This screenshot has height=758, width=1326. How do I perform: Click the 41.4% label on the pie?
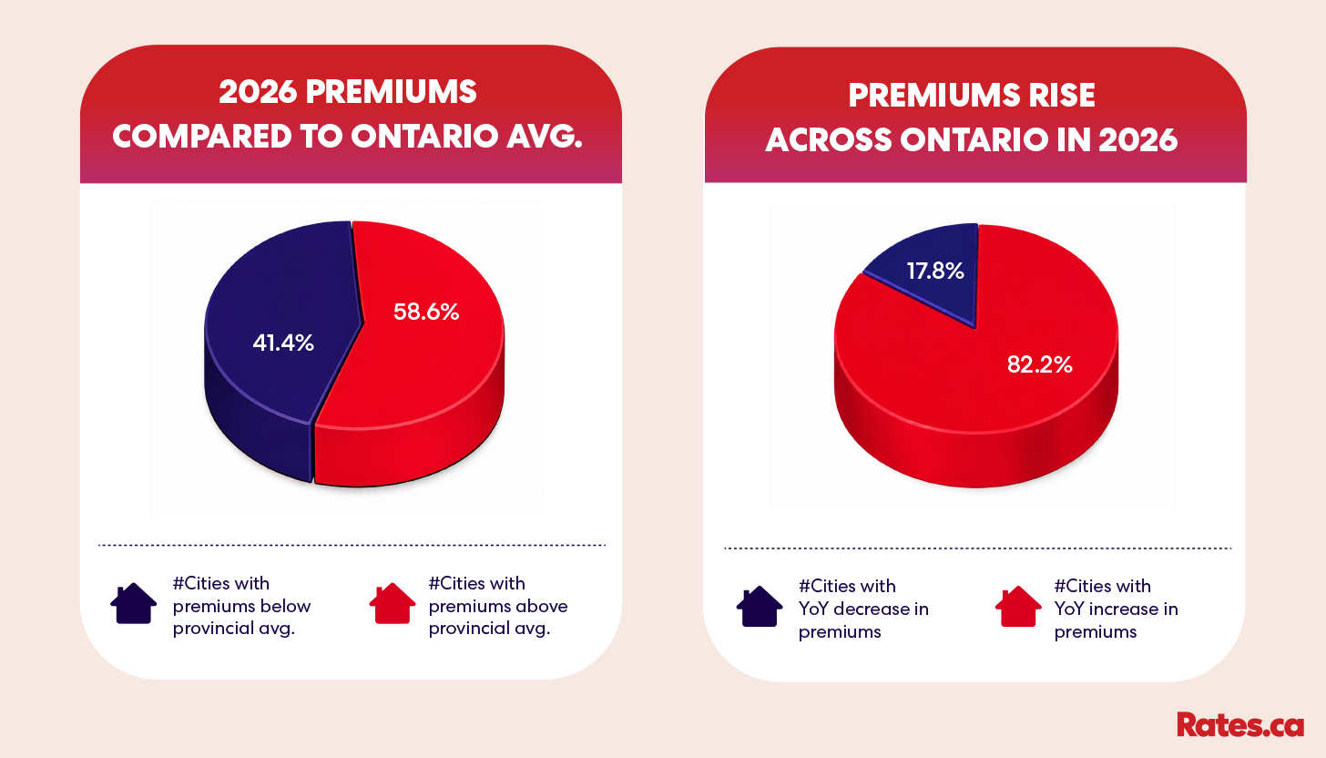pyautogui.click(x=283, y=343)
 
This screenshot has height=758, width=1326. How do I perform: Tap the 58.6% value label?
pyautogui.click(x=426, y=312)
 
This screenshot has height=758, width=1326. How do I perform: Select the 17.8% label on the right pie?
pyautogui.click(x=935, y=271)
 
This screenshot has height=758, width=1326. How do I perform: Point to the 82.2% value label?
pyautogui.click(x=1039, y=364)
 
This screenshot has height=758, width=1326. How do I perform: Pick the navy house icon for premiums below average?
pyautogui.click(x=134, y=603)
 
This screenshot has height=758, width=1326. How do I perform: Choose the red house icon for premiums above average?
pyautogui.click(x=392, y=603)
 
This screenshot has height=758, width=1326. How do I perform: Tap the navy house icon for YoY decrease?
pyautogui.click(x=760, y=606)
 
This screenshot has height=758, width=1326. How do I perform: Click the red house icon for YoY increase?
pyautogui.click(x=1018, y=606)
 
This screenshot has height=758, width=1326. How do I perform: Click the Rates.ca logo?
pyautogui.click(x=1240, y=725)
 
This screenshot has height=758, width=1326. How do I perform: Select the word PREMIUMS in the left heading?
pyautogui.click(x=392, y=92)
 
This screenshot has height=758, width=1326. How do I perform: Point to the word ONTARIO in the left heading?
pyautogui.click(x=424, y=137)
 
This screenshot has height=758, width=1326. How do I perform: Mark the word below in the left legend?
pyautogui.click(x=290, y=606)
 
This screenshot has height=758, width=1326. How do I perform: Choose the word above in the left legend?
pyautogui.click(x=546, y=606)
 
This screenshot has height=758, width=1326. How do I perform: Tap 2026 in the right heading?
pyautogui.click(x=1137, y=139)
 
